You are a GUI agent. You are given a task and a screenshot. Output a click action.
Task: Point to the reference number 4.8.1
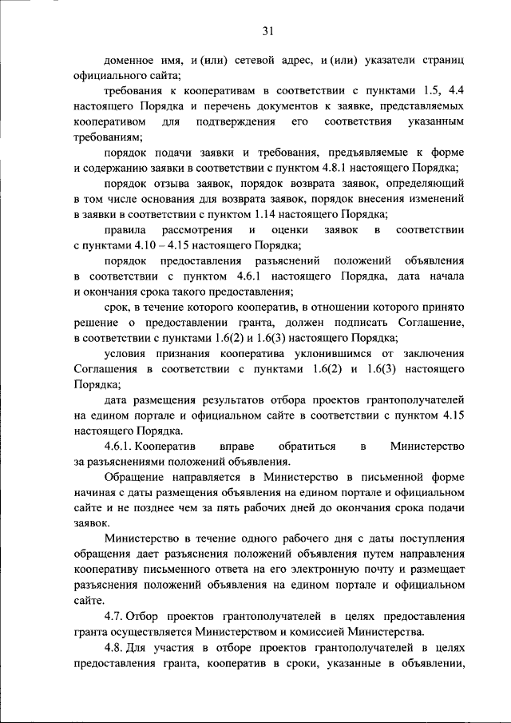pos(345,168)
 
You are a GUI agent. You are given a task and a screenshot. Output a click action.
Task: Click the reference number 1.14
pos(267,213)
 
